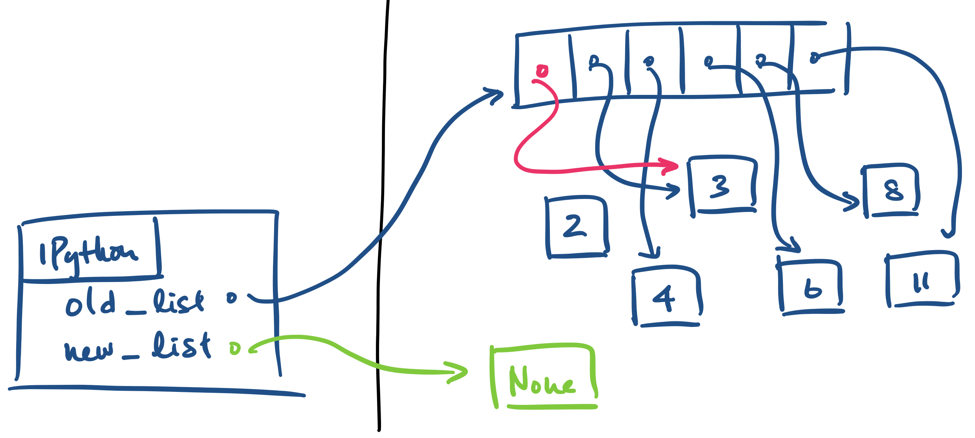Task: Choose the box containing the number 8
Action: click(x=892, y=190)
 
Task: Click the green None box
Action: click(x=543, y=379)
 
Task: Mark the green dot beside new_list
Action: click(x=235, y=348)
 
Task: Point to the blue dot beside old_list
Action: click(x=232, y=298)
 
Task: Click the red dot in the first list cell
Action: click(x=542, y=71)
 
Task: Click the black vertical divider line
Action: click(x=381, y=217)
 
